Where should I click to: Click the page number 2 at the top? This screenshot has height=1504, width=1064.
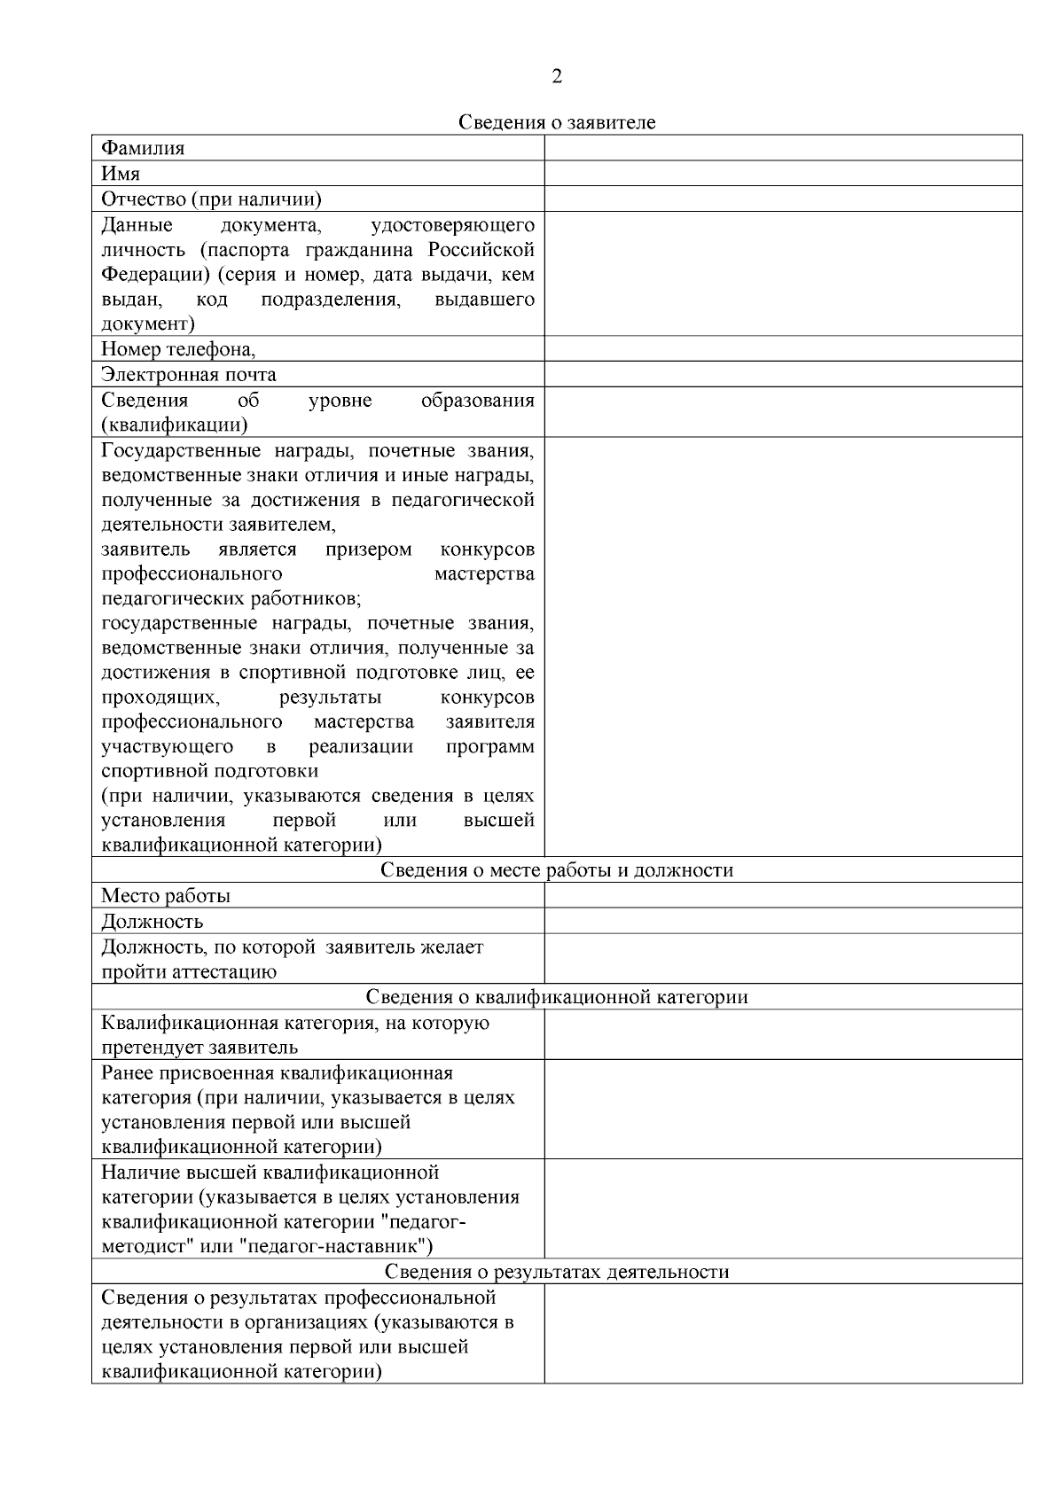(x=557, y=77)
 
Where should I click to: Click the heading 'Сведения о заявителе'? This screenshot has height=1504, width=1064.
(x=557, y=122)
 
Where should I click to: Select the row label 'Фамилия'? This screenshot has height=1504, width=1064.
(x=143, y=148)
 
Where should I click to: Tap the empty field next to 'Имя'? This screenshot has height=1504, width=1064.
(x=782, y=174)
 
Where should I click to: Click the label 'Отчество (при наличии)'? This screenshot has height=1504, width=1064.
(x=211, y=199)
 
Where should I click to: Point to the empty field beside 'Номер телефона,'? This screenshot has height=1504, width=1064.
(x=782, y=349)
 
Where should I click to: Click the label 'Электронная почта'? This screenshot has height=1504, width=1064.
(x=188, y=375)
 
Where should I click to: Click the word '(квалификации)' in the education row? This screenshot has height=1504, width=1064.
(x=174, y=425)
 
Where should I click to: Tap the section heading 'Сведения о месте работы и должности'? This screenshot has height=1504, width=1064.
(x=557, y=870)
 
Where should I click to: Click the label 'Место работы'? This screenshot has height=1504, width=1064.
(x=166, y=896)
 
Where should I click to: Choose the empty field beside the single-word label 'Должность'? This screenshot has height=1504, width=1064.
(x=782, y=922)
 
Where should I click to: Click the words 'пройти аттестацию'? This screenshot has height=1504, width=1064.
(x=189, y=972)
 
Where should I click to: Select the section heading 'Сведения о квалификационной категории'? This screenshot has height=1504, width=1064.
(x=557, y=998)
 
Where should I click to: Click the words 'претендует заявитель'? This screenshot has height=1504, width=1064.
(x=199, y=1048)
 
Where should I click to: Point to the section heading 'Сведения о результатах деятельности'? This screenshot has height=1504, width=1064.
(x=557, y=1273)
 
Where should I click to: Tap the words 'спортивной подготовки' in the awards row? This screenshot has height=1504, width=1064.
(x=209, y=771)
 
